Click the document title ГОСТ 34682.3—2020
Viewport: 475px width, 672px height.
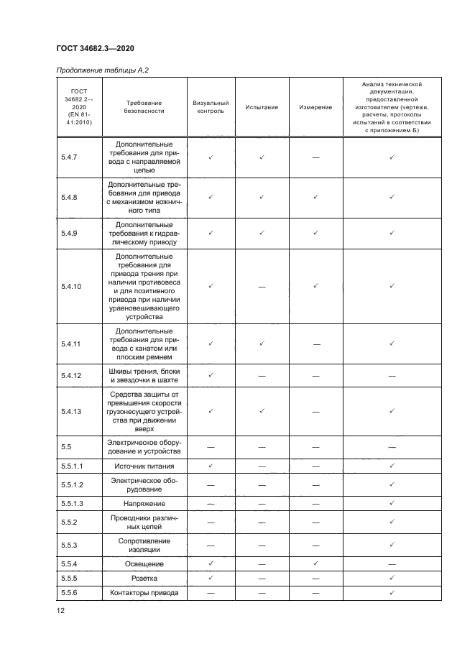(x=95, y=48)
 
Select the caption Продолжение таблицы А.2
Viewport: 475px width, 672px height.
(x=102, y=70)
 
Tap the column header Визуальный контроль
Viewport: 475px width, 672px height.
(x=211, y=107)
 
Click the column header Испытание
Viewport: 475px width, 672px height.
(x=262, y=107)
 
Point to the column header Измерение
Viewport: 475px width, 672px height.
(x=315, y=107)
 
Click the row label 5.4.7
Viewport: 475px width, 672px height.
(x=71, y=157)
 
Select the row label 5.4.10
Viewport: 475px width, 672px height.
(x=73, y=286)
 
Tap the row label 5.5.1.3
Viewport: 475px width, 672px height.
(x=74, y=504)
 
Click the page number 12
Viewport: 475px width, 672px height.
(x=61, y=610)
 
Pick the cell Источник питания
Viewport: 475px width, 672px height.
(x=144, y=466)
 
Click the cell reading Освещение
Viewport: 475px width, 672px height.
(x=144, y=563)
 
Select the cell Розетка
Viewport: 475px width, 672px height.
(x=144, y=578)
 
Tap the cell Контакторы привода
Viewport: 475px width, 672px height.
(x=144, y=593)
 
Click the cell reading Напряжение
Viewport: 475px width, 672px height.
(x=144, y=504)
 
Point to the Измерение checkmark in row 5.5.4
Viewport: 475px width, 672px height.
(x=315, y=563)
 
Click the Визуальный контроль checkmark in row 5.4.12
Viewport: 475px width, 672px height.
(x=211, y=375)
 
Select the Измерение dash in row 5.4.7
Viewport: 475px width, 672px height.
(x=315, y=157)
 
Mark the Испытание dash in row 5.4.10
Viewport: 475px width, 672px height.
(x=262, y=286)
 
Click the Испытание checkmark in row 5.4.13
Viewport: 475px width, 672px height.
(x=262, y=411)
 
